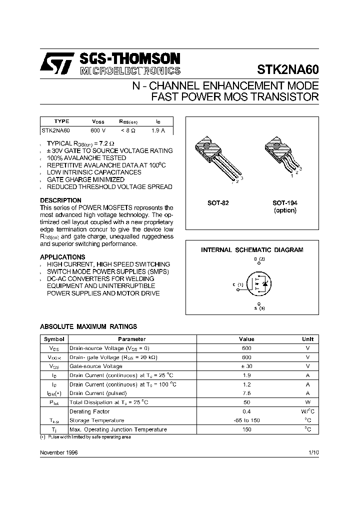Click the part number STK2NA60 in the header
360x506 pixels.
[287, 69]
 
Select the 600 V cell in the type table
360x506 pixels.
[98, 130]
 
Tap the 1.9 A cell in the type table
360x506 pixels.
[157, 130]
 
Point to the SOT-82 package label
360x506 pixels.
[218, 203]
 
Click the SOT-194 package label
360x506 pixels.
[284, 203]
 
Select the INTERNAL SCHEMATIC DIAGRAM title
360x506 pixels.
[252, 249]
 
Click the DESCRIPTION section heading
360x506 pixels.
[60, 200]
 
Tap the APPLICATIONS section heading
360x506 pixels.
[62, 257]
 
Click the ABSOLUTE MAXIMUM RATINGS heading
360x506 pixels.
[88, 326]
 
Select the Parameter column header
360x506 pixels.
[132, 339]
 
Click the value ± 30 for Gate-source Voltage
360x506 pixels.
[246, 366]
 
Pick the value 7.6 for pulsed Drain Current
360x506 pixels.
[246, 393]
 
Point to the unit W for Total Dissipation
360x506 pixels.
[307, 402]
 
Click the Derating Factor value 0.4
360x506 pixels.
[246, 411]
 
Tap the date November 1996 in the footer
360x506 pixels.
[59, 452]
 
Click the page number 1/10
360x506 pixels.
[313, 452]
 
